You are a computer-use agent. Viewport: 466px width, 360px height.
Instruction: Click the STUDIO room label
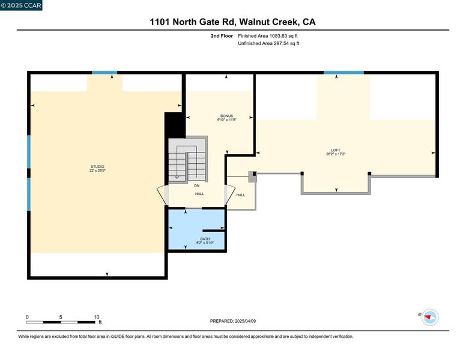coord(97,167)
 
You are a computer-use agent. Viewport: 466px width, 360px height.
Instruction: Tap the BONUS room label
coord(226,116)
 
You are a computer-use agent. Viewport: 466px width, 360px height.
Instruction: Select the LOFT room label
coord(336,150)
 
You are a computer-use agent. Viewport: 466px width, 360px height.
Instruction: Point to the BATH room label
coord(205,239)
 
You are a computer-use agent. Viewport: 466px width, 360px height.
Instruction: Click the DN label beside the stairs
coord(197,185)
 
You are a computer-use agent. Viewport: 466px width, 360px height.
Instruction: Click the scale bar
coord(61,322)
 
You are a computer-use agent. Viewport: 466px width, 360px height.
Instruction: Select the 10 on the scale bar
coord(96,317)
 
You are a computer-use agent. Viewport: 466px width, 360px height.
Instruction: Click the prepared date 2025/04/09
coord(245,321)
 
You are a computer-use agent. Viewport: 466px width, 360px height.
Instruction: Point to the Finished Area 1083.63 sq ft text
coord(268,36)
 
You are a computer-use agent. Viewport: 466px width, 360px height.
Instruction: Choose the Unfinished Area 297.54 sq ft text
coord(268,43)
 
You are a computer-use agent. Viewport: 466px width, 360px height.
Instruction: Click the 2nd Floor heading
coord(222,36)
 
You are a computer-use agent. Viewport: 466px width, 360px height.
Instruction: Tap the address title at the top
coord(233,22)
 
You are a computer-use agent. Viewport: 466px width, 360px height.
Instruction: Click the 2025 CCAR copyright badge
coord(21,5)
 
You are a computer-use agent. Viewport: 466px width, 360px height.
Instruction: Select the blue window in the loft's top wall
coord(343,73)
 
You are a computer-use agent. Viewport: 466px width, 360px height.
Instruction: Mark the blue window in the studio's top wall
coord(104,73)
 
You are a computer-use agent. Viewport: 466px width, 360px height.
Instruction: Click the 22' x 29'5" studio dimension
coord(97,170)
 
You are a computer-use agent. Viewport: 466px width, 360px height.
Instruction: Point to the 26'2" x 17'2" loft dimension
coord(336,154)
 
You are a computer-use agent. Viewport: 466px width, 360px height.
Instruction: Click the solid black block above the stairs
coord(175,125)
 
